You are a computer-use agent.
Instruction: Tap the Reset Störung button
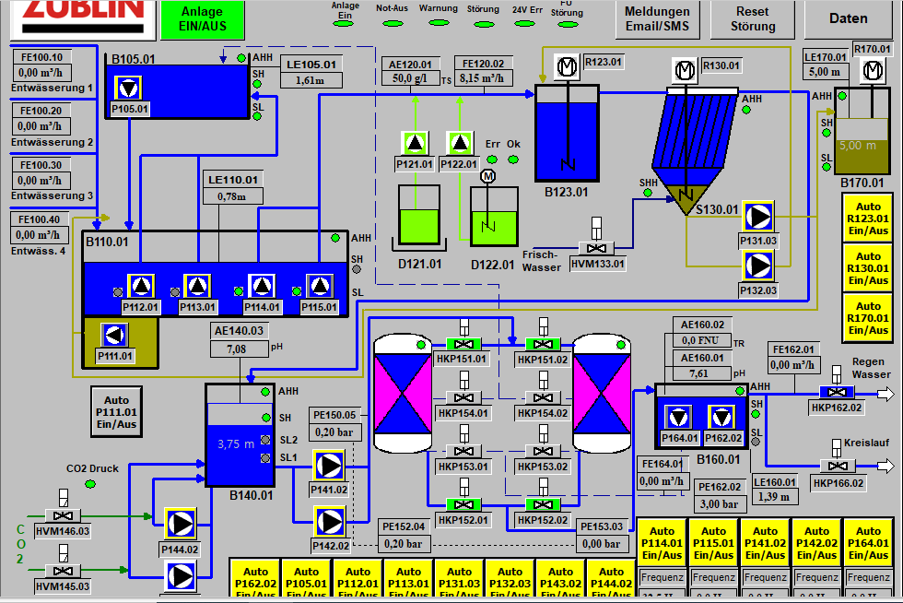click(x=753, y=19)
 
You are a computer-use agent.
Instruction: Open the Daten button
click(x=848, y=18)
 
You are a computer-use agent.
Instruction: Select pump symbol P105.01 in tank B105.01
click(x=130, y=89)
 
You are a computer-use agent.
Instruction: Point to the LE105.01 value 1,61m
click(x=310, y=80)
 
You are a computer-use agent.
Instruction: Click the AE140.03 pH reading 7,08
click(x=238, y=349)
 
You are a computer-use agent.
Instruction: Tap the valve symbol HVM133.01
click(x=597, y=248)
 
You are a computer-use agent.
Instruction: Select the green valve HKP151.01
click(x=463, y=345)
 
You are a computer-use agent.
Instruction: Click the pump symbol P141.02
click(x=328, y=467)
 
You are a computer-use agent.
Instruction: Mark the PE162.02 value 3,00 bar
click(x=719, y=504)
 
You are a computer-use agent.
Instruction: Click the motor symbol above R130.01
click(x=684, y=70)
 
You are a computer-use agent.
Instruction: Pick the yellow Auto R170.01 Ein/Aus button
click(x=869, y=318)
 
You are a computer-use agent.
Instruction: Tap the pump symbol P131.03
click(x=758, y=217)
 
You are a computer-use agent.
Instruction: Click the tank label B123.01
click(x=566, y=192)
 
